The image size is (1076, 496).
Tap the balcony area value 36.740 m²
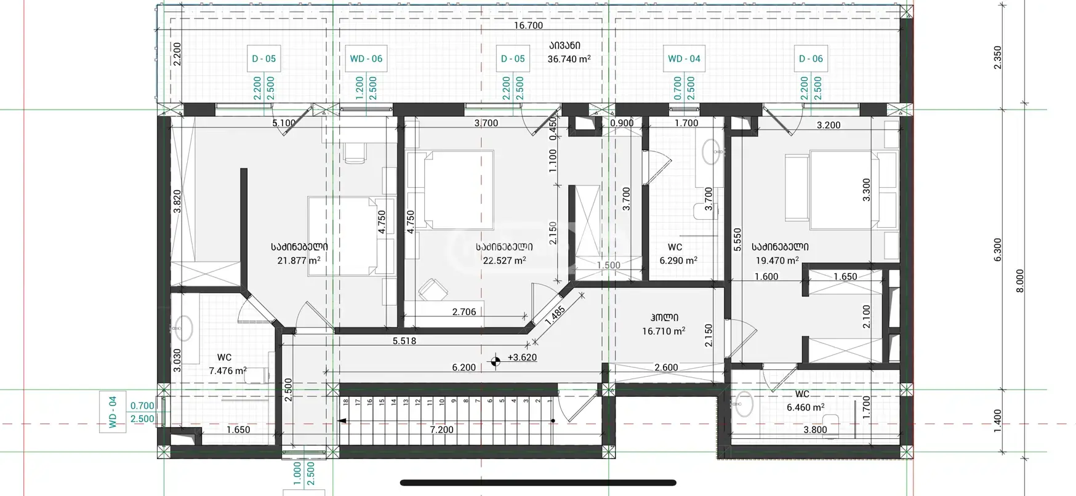click(x=569, y=59)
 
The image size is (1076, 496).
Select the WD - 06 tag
click(x=366, y=59)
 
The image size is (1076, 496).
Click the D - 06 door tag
click(x=811, y=59)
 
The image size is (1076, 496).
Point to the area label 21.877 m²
click(x=299, y=260)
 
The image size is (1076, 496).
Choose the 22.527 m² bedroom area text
click(x=504, y=260)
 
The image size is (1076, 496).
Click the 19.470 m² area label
click(x=777, y=260)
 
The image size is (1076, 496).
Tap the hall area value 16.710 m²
click(x=664, y=331)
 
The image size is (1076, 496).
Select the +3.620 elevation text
click(x=522, y=357)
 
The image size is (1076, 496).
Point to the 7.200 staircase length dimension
click(x=442, y=430)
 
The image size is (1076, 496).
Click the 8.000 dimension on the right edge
click(x=1020, y=281)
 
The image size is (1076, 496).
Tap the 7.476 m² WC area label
click(x=228, y=370)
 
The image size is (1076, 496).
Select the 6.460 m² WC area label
click(x=805, y=407)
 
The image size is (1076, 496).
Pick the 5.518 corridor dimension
click(x=404, y=341)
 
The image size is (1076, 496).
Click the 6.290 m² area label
click(x=678, y=260)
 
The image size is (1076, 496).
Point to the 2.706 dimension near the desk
click(x=464, y=312)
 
